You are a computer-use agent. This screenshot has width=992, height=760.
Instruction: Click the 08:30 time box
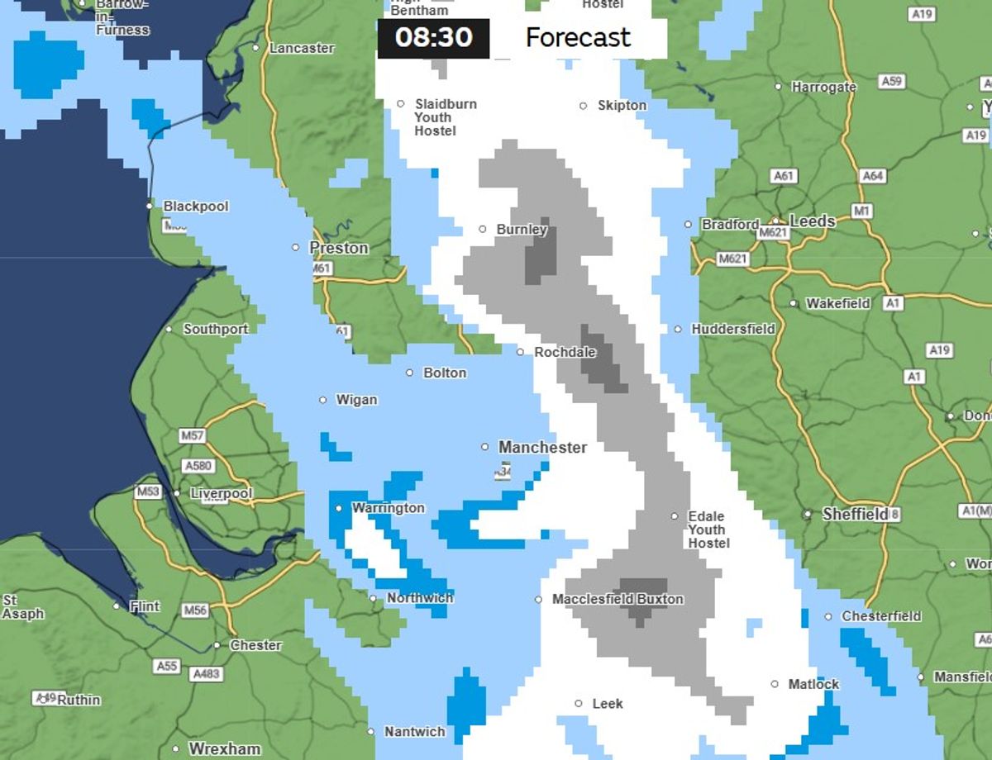click(433, 38)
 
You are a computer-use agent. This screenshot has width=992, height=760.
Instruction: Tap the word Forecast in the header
click(578, 38)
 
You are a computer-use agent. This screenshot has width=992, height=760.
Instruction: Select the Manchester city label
click(542, 448)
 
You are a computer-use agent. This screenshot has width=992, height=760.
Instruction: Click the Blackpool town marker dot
click(150, 206)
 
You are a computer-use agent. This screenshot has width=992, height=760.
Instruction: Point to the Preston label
click(338, 248)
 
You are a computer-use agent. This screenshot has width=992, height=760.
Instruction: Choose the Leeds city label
click(813, 221)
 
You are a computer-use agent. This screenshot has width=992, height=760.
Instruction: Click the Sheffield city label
click(855, 515)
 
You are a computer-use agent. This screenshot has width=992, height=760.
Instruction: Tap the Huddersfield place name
click(733, 329)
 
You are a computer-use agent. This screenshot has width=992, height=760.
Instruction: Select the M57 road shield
click(192, 435)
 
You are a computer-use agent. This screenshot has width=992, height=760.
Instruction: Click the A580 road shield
click(198, 466)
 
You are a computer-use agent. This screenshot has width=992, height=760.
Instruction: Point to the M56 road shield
click(195, 610)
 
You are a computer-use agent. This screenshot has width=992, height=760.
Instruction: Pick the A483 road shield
click(206, 674)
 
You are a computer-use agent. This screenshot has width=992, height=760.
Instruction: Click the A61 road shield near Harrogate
click(783, 176)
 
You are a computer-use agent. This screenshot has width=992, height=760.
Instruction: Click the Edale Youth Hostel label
click(708, 530)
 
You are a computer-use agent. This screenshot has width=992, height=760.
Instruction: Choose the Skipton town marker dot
click(583, 106)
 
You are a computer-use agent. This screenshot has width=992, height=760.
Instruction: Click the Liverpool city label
click(221, 494)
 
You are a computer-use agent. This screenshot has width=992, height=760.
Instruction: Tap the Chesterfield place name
click(881, 616)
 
